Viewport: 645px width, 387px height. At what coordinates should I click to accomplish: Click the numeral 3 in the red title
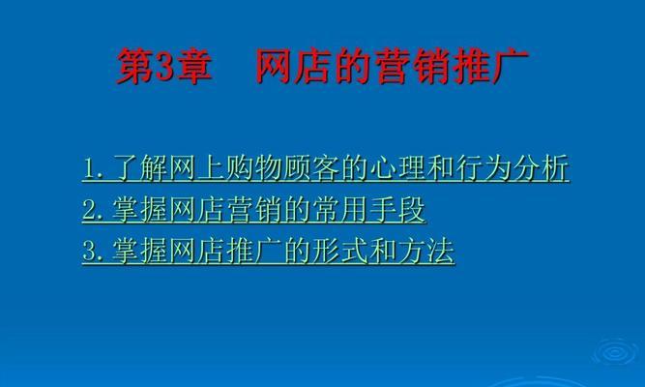pos(164,67)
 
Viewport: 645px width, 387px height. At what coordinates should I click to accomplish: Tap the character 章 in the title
pos(193,67)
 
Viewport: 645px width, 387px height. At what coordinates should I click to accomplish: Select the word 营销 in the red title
pos(413,67)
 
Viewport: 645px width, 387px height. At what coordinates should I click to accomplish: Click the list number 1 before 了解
pos(90,168)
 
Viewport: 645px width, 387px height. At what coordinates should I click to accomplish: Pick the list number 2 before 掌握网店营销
pos(90,210)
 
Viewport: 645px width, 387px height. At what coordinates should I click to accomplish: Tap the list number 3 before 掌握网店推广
pos(90,251)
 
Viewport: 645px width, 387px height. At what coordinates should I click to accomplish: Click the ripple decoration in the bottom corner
pos(615,352)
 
